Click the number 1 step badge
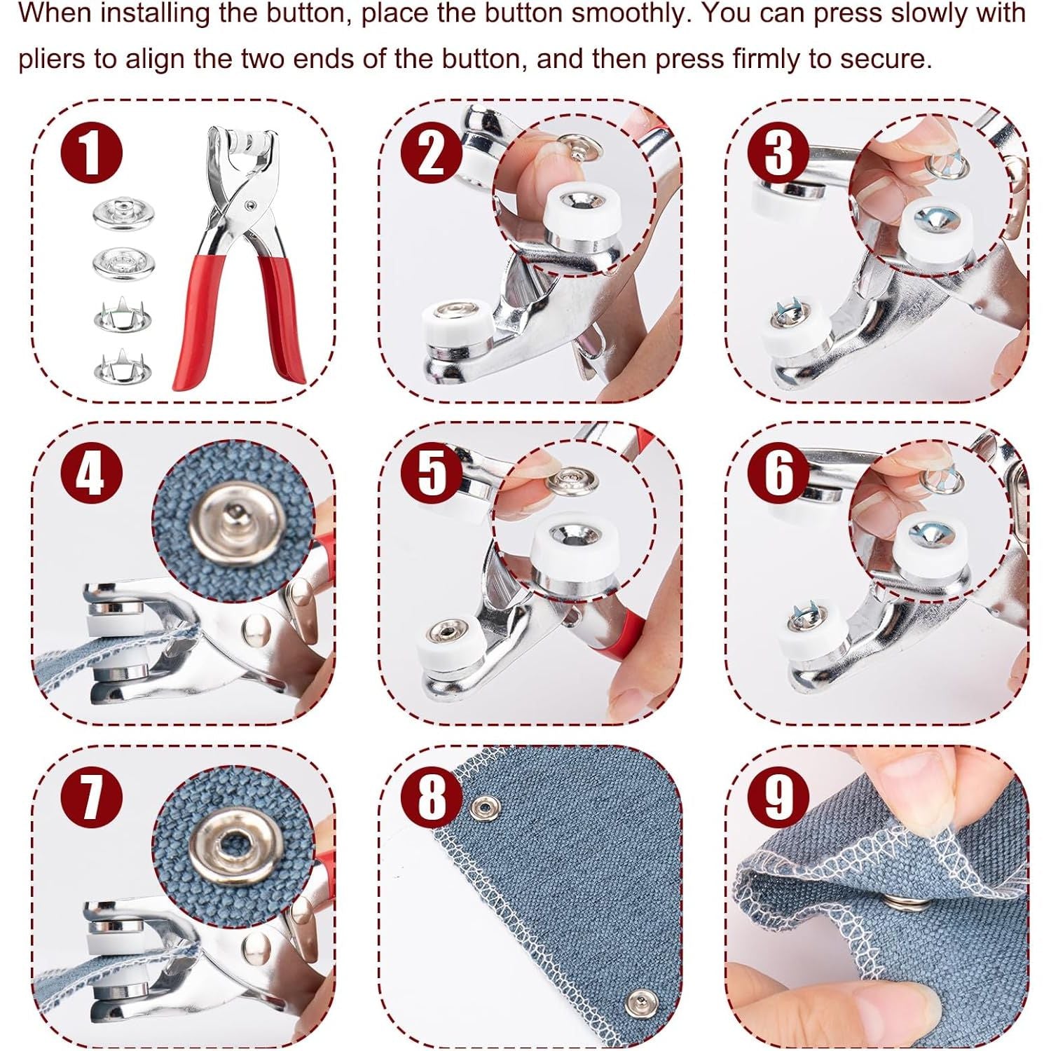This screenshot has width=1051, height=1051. (x=91, y=152)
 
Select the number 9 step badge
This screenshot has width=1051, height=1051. (x=778, y=797)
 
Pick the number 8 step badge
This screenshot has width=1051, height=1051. (x=432, y=797)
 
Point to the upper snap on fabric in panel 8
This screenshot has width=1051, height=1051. (x=483, y=809)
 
